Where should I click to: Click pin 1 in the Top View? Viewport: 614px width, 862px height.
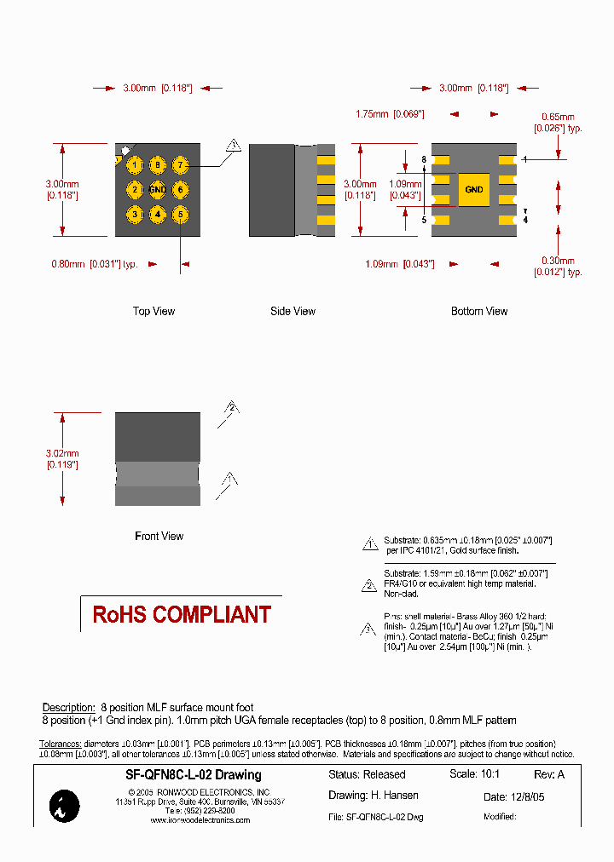pos(135,165)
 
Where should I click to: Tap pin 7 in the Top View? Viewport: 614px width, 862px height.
pos(180,165)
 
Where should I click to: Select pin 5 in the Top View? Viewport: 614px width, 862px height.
pos(180,215)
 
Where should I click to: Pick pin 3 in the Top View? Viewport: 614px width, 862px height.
pos(135,215)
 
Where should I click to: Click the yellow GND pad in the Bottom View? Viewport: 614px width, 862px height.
pos(474,190)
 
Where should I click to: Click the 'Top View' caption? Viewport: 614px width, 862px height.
pos(153,312)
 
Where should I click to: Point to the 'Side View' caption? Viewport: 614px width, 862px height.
pos(293,312)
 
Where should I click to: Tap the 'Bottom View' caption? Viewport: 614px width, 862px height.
pos(479,312)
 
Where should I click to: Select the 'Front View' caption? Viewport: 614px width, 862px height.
pos(159,537)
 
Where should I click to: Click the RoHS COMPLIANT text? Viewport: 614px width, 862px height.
pos(182,615)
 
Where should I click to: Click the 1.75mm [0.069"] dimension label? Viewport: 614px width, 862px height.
pos(390,114)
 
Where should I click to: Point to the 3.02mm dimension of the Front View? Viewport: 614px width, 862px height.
pos(62,459)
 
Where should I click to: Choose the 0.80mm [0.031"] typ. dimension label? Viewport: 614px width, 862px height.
pos(95,264)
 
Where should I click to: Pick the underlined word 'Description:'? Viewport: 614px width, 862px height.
pos(68,708)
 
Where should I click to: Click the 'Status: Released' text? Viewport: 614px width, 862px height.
pos(367,775)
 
